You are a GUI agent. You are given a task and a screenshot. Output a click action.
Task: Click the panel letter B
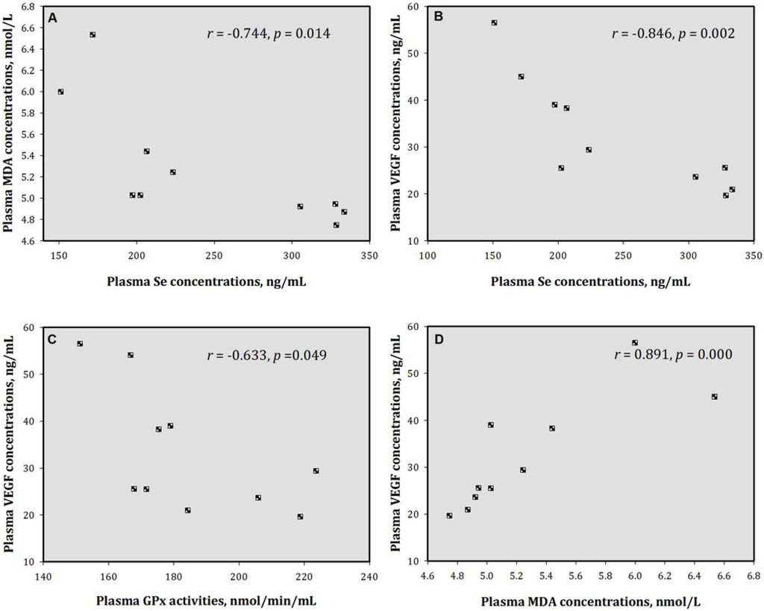440,16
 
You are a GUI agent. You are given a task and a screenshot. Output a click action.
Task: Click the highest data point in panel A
93,35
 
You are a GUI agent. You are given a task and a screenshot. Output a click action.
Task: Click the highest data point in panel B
494,23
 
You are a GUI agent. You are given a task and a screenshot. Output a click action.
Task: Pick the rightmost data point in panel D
714,397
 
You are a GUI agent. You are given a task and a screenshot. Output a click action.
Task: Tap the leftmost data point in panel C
80,344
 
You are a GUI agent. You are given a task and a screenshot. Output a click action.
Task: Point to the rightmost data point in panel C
316,471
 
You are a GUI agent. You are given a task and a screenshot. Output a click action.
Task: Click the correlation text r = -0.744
268,34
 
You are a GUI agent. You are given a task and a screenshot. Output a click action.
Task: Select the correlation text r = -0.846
672,34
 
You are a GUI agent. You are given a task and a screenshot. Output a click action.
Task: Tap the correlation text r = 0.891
670,354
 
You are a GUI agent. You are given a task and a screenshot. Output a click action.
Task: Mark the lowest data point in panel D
449,516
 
